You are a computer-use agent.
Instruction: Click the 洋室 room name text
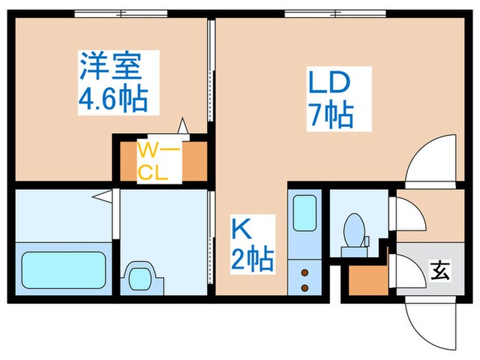111,69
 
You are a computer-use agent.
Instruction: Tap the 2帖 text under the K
252,261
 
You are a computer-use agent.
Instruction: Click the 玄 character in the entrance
440,271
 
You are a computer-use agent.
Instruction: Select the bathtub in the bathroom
63,269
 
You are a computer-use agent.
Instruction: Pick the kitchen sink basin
303,214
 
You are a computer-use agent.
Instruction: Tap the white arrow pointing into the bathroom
102,197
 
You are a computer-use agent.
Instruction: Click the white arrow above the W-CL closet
183,126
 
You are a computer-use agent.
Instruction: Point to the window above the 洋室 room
121,13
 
